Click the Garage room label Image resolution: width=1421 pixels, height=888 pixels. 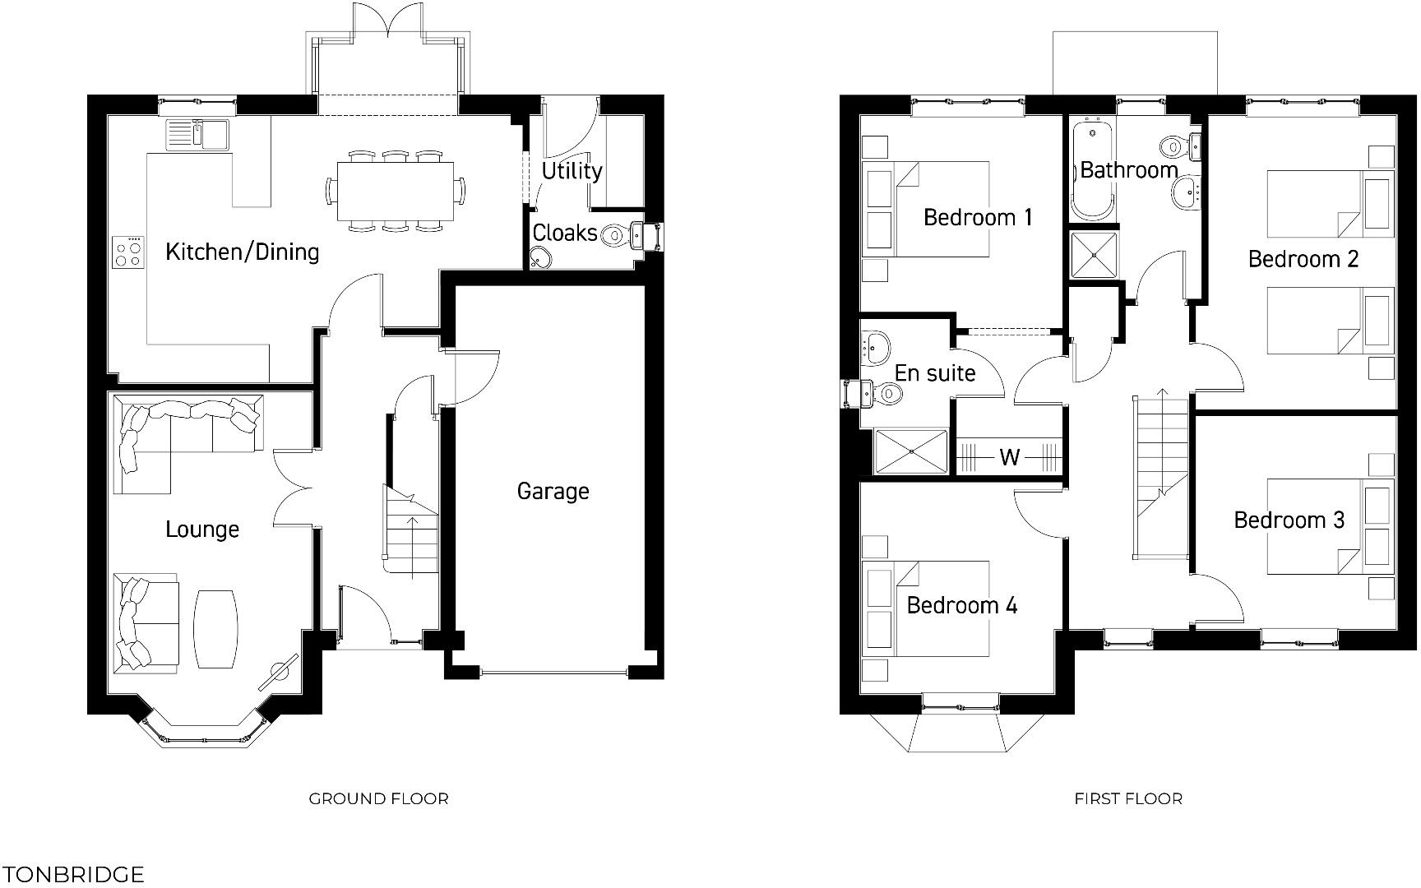[553, 491]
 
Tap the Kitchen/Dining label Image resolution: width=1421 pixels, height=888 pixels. [242, 252]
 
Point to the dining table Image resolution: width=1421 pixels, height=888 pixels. [395, 190]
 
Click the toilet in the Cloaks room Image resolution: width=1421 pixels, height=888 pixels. [620, 235]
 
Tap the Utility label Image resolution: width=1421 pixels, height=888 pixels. [572, 170]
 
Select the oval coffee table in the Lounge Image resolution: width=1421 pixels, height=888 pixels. [216, 628]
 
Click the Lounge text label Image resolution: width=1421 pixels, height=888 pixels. [202, 529]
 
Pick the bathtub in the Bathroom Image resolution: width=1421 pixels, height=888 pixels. [1092, 169]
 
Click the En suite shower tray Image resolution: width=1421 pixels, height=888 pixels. [911, 451]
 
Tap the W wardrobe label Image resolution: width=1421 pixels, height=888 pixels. [1009, 457]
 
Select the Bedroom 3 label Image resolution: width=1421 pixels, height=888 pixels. [1289, 520]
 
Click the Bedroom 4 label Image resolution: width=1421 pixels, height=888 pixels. [961, 606]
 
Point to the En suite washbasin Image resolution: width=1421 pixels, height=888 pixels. [877, 345]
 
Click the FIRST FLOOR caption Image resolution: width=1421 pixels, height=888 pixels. [1128, 798]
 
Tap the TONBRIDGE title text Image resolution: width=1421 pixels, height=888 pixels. [73, 874]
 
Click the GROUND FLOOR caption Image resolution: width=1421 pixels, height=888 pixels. [378, 798]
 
